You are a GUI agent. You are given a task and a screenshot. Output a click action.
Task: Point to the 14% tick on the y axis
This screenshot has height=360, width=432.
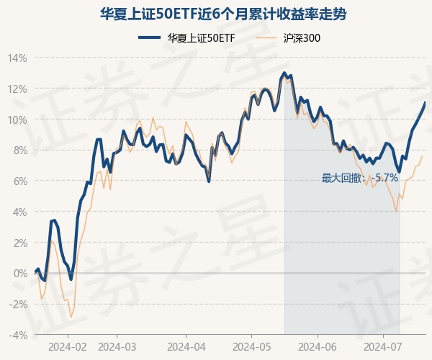pos(17,58)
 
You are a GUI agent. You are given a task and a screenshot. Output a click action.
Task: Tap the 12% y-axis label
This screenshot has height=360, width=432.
pos(17,89)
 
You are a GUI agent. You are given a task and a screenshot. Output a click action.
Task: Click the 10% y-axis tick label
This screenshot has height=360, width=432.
pos(17,120)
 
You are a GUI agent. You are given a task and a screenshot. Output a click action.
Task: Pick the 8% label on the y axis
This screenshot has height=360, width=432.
pos(20,150)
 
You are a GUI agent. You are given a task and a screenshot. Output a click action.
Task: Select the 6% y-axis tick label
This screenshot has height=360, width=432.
pos(20,181)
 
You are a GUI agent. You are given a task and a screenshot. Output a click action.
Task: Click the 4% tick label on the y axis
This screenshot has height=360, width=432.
pos(20,212)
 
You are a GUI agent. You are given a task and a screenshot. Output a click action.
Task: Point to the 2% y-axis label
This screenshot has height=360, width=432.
pos(20,243)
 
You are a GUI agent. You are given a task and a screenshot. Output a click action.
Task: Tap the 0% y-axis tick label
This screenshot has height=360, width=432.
pos(20,274)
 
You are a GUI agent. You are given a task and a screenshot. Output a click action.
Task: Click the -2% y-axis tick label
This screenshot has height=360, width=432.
pos(19,305)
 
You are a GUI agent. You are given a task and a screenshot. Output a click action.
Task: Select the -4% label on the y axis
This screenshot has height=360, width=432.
pos(19,336)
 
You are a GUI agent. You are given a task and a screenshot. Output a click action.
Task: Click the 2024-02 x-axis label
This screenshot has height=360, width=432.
pos(68,346)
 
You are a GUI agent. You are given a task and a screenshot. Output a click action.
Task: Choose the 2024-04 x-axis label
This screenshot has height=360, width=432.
pos(186,346)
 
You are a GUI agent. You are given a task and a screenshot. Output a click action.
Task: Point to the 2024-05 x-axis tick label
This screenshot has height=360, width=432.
pos(252,346)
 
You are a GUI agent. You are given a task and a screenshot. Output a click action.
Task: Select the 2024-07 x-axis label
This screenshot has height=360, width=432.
pos(382,346)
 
